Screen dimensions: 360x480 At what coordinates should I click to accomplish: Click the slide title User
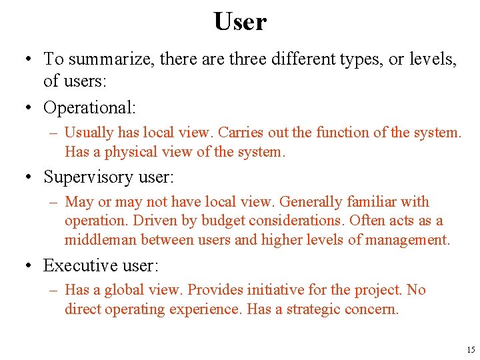click(x=240, y=21)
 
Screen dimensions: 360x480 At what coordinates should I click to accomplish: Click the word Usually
click(x=89, y=133)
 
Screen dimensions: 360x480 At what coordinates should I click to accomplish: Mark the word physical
click(x=127, y=152)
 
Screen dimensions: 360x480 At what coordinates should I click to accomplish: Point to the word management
click(x=409, y=240)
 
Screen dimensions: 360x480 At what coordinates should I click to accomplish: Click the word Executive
click(x=77, y=265)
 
